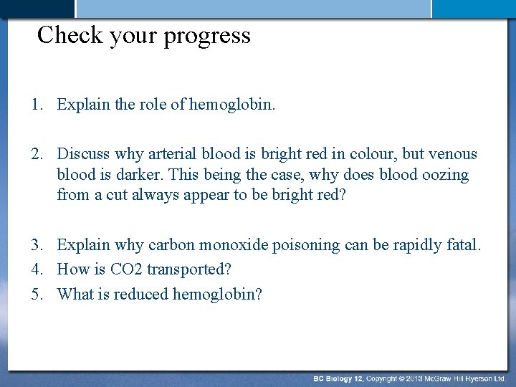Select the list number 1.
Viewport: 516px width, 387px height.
36,105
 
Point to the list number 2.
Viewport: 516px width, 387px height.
36,154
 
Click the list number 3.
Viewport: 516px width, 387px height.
36,245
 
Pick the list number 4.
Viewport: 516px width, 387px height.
36,269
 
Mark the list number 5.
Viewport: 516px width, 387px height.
36,294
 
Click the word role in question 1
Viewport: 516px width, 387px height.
153,105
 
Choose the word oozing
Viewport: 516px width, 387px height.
444,175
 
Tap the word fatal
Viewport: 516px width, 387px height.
463,245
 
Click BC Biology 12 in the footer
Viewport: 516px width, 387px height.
338,378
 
